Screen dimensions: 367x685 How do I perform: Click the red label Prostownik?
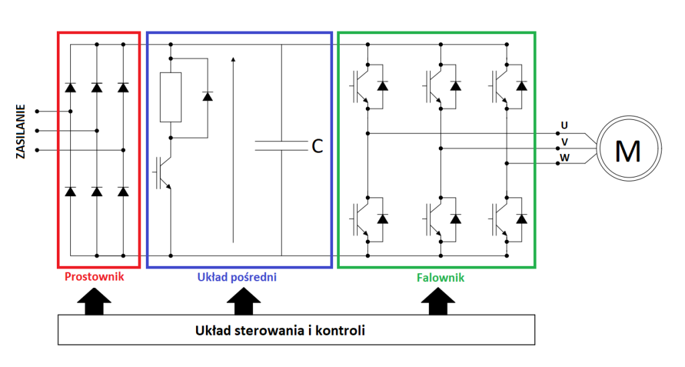pyautogui.click(x=94, y=277)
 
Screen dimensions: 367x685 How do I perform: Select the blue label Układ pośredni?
pyautogui.click(x=237, y=277)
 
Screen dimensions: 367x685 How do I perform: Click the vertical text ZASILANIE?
pyautogui.click(x=21, y=131)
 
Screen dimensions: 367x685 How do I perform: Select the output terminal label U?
pyautogui.click(x=565, y=125)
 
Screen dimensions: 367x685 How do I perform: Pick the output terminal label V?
pyautogui.click(x=565, y=141)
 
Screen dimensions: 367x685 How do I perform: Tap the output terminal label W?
pyautogui.click(x=565, y=158)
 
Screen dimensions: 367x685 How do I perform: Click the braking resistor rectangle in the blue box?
pyautogui.click(x=171, y=97)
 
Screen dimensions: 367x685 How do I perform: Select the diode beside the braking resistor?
pyautogui.click(x=207, y=96)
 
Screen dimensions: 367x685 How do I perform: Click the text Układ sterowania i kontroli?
pyautogui.click(x=280, y=331)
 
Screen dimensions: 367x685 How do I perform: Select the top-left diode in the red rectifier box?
pyautogui.click(x=70, y=88)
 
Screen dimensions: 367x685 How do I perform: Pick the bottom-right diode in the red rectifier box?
pyautogui.click(x=123, y=192)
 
